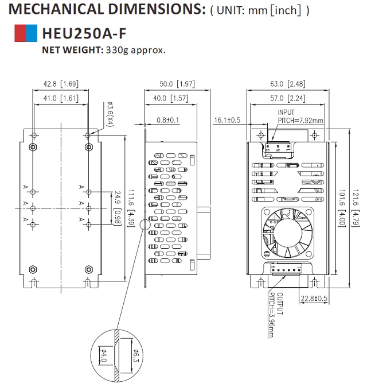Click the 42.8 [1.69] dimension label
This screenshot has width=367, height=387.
pos(60,84)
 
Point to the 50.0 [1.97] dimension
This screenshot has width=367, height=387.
pos(177,84)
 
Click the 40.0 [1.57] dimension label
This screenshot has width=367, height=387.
pos(171,98)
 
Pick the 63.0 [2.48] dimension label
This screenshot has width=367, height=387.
pos(288,84)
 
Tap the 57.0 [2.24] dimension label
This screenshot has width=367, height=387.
pos(288,98)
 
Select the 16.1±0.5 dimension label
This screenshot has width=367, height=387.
pos(228,120)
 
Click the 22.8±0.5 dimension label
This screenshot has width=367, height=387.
pos(314,298)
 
